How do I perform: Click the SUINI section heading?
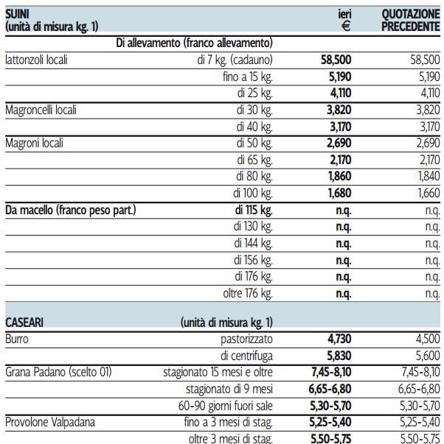click(x=17, y=14)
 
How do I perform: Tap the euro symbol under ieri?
click(x=346, y=27)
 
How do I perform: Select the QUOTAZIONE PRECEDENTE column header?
click(x=411, y=20)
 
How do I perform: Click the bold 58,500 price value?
click(x=336, y=60)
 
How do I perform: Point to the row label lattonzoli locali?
click(x=36, y=60)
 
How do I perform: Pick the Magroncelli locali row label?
click(x=41, y=110)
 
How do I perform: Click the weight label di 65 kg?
click(x=254, y=160)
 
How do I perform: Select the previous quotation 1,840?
click(x=429, y=176)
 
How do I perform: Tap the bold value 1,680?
click(x=339, y=193)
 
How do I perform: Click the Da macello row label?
click(x=71, y=210)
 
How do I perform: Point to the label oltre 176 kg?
click(x=248, y=293)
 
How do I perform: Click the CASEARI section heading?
click(x=24, y=323)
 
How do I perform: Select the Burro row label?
click(x=17, y=339)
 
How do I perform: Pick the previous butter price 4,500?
click(x=428, y=339)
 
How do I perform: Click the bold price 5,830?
click(x=339, y=356)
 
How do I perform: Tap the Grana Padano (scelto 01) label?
click(x=58, y=372)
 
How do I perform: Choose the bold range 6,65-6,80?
click(x=330, y=389)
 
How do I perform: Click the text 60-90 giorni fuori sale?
click(x=226, y=406)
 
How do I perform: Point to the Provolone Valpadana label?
click(x=50, y=422)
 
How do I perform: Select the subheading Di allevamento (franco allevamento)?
click(x=194, y=43)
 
